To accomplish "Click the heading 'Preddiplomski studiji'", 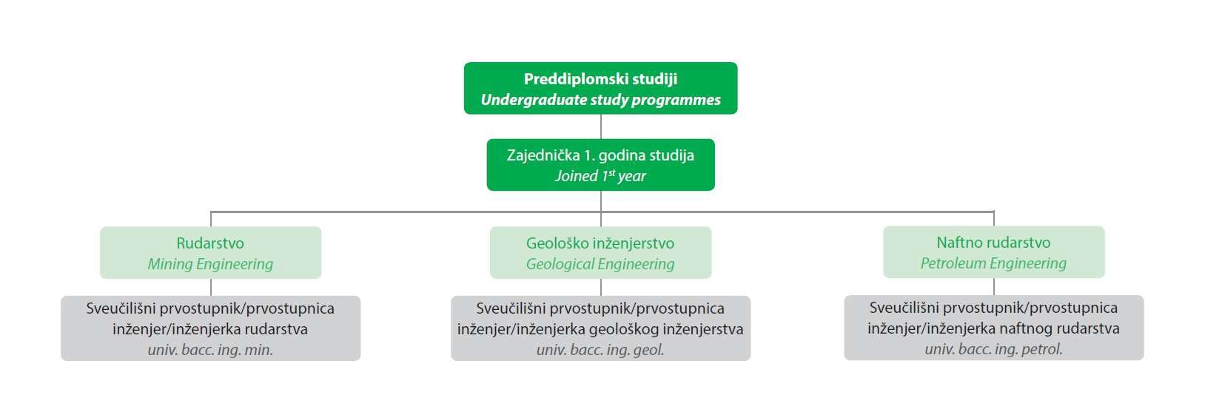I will pos(600,79).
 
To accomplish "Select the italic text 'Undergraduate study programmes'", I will pos(600,100).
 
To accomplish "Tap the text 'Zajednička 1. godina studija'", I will pos(600,155).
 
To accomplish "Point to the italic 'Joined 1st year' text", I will pos(600,176).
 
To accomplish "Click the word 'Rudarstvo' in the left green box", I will pos(210,243).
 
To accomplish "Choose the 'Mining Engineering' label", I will pos(210,264).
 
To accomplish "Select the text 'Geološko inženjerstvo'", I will pos(600,243).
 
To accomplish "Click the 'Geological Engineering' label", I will pos(600,264).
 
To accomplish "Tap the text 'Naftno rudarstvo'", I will pos(993,242).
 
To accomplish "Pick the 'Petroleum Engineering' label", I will pos(993,263).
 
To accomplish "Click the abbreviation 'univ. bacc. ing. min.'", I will pos(210,350).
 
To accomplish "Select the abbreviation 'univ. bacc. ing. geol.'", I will pos(600,350).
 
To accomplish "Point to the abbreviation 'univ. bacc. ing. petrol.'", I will pos(993,349).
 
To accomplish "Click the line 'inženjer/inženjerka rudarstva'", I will pos(210,328).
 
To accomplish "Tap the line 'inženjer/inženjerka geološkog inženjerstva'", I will pos(600,328).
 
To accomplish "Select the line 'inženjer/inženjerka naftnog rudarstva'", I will pos(993,328).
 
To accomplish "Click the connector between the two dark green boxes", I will pos(600,126).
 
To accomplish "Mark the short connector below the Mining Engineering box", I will pos(211,287).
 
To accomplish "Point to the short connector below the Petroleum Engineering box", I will pos(994,286).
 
